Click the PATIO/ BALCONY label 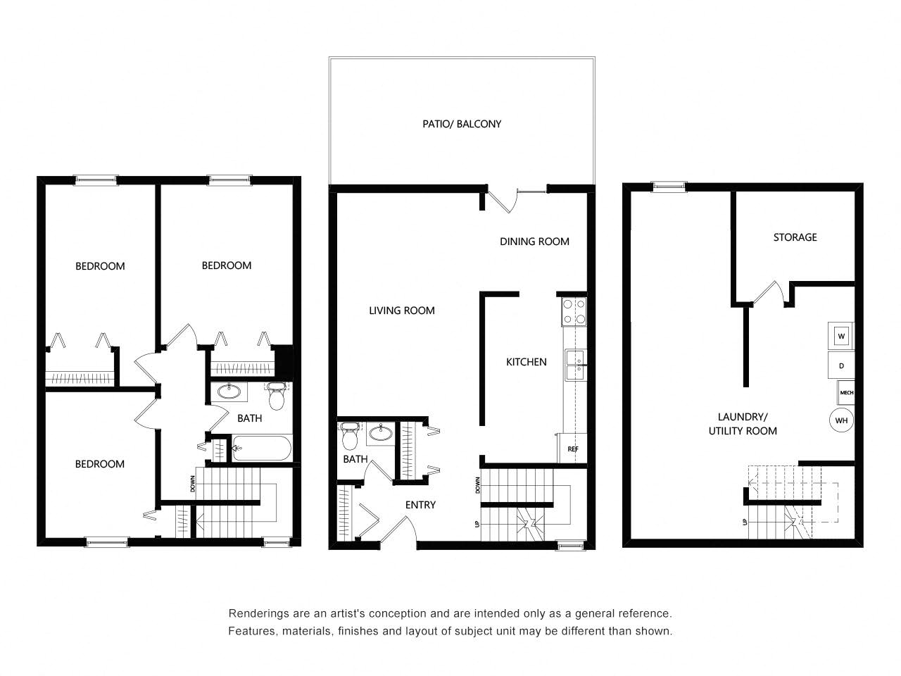click(462, 124)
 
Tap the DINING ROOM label click(534, 242)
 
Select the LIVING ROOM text click(402, 311)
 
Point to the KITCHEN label click(527, 362)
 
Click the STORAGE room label click(795, 237)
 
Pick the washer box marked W click(841, 337)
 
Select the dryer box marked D click(841, 366)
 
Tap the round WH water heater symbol click(841, 420)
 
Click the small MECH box click(846, 393)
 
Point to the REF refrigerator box click(573, 448)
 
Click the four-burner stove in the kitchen click(574, 311)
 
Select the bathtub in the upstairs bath click(261, 449)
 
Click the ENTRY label click(420, 505)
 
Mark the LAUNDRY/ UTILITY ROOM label click(743, 424)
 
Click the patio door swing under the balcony click(505, 201)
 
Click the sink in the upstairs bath click(228, 392)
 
